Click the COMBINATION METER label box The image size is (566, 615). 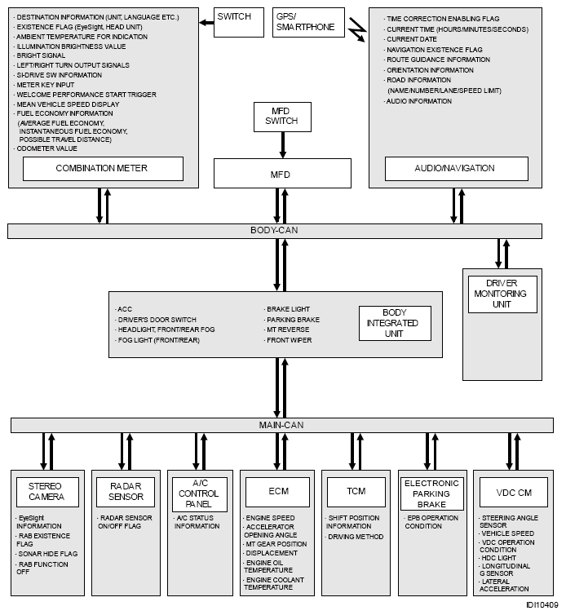tap(102, 168)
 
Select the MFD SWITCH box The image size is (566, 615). tap(282, 116)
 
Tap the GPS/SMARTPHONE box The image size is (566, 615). tap(308, 22)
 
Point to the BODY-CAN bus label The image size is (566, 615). tap(274, 231)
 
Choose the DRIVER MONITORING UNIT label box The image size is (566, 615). tap(502, 294)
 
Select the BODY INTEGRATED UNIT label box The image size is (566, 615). tap(395, 323)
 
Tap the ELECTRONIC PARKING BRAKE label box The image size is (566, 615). tap(431, 493)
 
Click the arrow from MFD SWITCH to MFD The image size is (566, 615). tap(282, 145)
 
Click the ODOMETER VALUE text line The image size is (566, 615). tap(47, 148)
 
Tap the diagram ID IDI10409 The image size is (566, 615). tap(542, 605)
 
